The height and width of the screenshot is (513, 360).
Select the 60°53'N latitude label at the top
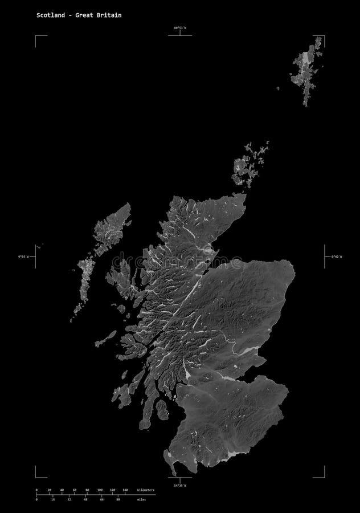click(x=181, y=27)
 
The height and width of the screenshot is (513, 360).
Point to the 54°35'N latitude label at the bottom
click(x=179, y=485)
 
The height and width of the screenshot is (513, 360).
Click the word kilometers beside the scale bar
click(x=146, y=490)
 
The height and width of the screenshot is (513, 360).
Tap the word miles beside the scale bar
click(x=141, y=499)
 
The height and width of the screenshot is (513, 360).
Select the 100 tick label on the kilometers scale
click(x=100, y=490)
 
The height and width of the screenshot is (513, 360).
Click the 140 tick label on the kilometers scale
click(x=125, y=490)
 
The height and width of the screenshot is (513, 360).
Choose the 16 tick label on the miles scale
click(x=52, y=499)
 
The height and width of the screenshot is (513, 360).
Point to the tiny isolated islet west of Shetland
click(x=278, y=88)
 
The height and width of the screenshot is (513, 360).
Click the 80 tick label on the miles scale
click(x=118, y=499)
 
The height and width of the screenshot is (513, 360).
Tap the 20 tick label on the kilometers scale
click(x=49, y=490)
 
